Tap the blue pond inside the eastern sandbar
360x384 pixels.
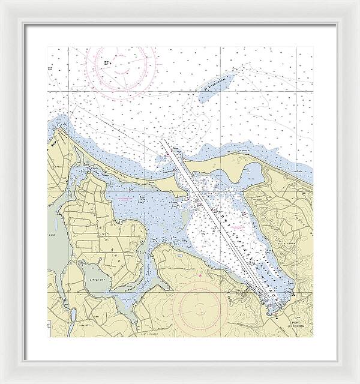pyautogui.click(x=252, y=174)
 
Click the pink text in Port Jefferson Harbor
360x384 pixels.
pyautogui.click(x=238, y=229)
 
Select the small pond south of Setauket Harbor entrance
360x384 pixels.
pyautogui.click(x=179, y=256)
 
